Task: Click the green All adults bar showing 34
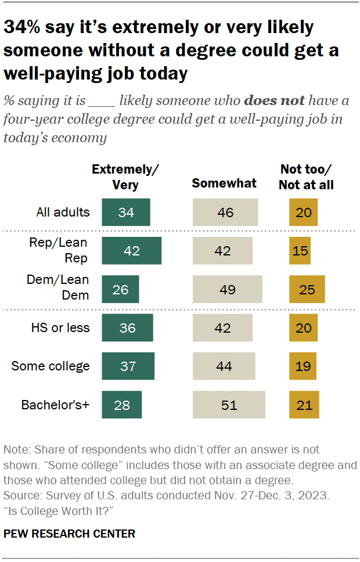pyautogui.click(x=126, y=212)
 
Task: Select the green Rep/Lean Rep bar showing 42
pyautogui.click(x=131, y=251)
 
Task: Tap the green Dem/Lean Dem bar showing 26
pyautogui.click(x=120, y=289)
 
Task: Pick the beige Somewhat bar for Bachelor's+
pyautogui.click(x=229, y=405)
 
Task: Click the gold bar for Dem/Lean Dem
pyautogui.click(x=307, y=289)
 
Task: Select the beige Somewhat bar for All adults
pyautogui.click(x=225, y=212)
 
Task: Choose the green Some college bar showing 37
pyautogui.click(x=128, y=366)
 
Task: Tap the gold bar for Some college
pyautogui.click(x=303, y=366)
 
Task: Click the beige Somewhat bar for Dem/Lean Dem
pyautogui.click(x=228, y=289)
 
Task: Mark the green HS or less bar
pyautogui.click(x=127, y=327)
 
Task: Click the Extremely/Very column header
pyautogui.click(x=125, y=176)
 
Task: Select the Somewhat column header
pyautogui.click(x=224, y=183)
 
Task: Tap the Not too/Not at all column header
pyautogui.click(x=307, y=176)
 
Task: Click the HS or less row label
pyautogui.click(x=60, y=327)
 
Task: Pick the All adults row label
pyautogui.click(x=63, y=212)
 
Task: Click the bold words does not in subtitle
pyautogui.click(x=274, y=100)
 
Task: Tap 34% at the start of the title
pyautogui.click(x=23, y=27)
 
